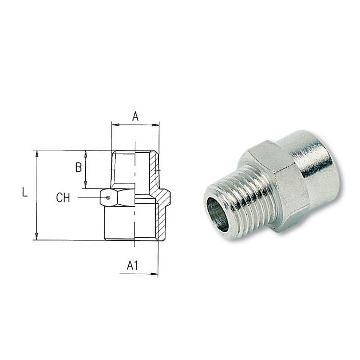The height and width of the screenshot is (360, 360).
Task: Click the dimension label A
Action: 135,116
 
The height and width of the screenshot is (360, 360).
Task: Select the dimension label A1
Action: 133,265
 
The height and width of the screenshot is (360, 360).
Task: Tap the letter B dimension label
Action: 78,168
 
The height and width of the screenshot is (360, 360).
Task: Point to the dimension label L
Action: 25,192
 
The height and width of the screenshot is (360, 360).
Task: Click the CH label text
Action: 63,198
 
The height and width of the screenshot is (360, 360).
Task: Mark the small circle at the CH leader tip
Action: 108,198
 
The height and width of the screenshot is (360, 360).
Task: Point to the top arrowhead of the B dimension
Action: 85,154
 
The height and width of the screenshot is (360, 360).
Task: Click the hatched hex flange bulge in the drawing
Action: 165,198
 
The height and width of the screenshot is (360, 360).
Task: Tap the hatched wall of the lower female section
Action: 160,222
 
